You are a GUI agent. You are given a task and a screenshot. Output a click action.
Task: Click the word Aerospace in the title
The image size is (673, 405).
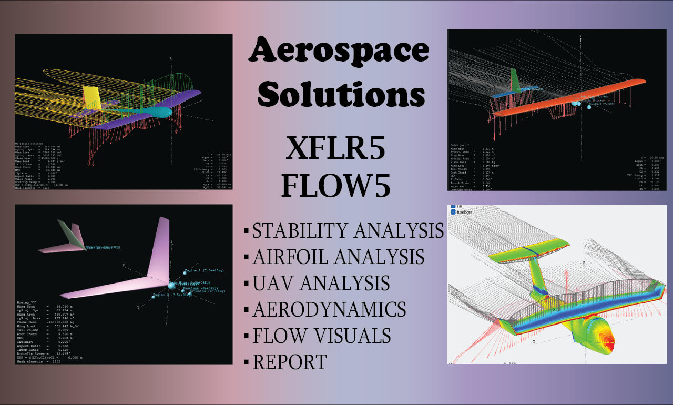339,53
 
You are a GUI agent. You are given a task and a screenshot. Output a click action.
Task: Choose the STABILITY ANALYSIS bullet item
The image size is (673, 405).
348,231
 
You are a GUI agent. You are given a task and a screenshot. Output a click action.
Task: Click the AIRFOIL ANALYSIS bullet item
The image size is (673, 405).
338,257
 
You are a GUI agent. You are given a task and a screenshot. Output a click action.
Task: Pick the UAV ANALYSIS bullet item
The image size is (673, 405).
321,283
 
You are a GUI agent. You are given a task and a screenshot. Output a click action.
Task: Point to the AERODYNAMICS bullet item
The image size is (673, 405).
329,309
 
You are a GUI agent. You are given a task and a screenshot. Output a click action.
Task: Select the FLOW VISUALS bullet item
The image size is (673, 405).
321,336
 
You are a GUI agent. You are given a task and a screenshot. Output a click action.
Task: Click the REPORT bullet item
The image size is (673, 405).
290,362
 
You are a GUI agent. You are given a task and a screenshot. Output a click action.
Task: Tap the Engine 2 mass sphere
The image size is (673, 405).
153,297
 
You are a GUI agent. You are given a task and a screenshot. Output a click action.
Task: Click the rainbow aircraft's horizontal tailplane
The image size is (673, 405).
526,249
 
